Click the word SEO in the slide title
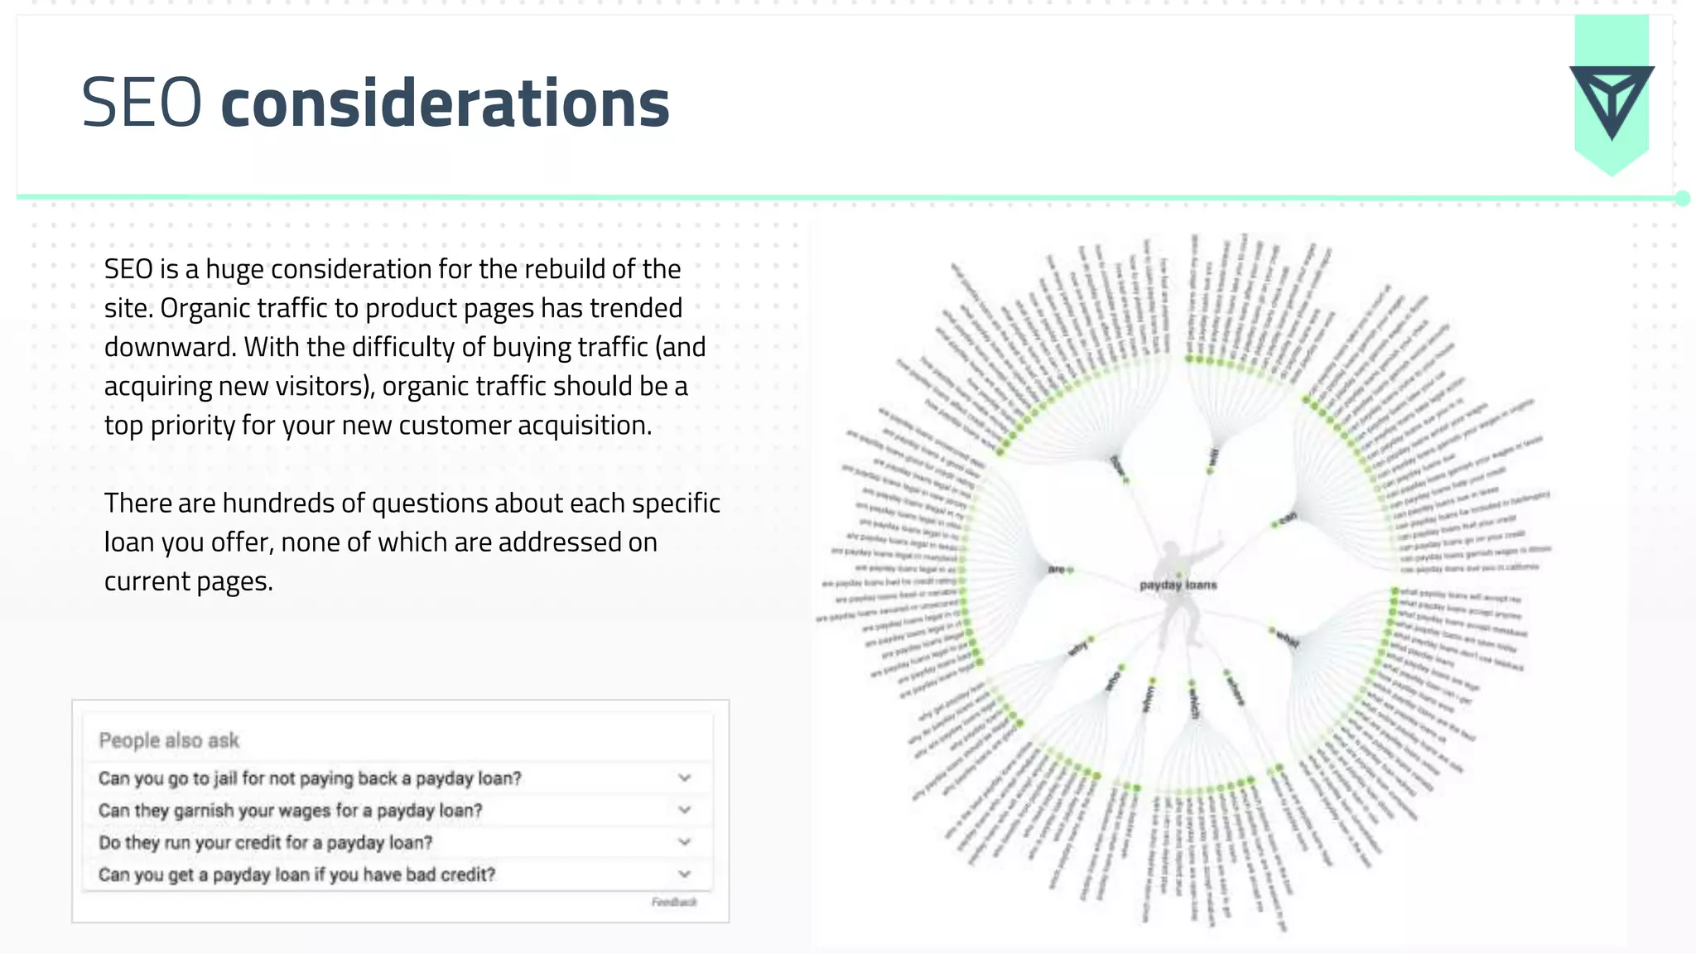coord(142,104)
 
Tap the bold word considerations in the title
coord(445,104)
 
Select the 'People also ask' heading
coord(169,740)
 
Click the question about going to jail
coord(310,778)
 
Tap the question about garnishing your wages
coord(290,811)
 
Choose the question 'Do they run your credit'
coord(265,843)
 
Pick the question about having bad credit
coord(296,875)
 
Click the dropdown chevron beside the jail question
coord(685,778)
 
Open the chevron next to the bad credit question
coord(685,874)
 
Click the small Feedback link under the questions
coord(674,902)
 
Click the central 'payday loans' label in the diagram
coord(1178,585)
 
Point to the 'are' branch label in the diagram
coord(1056,569)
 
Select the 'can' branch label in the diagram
coord(1287,518)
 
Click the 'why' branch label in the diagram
coord(1077,648)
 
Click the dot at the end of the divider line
coord(1682,198)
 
